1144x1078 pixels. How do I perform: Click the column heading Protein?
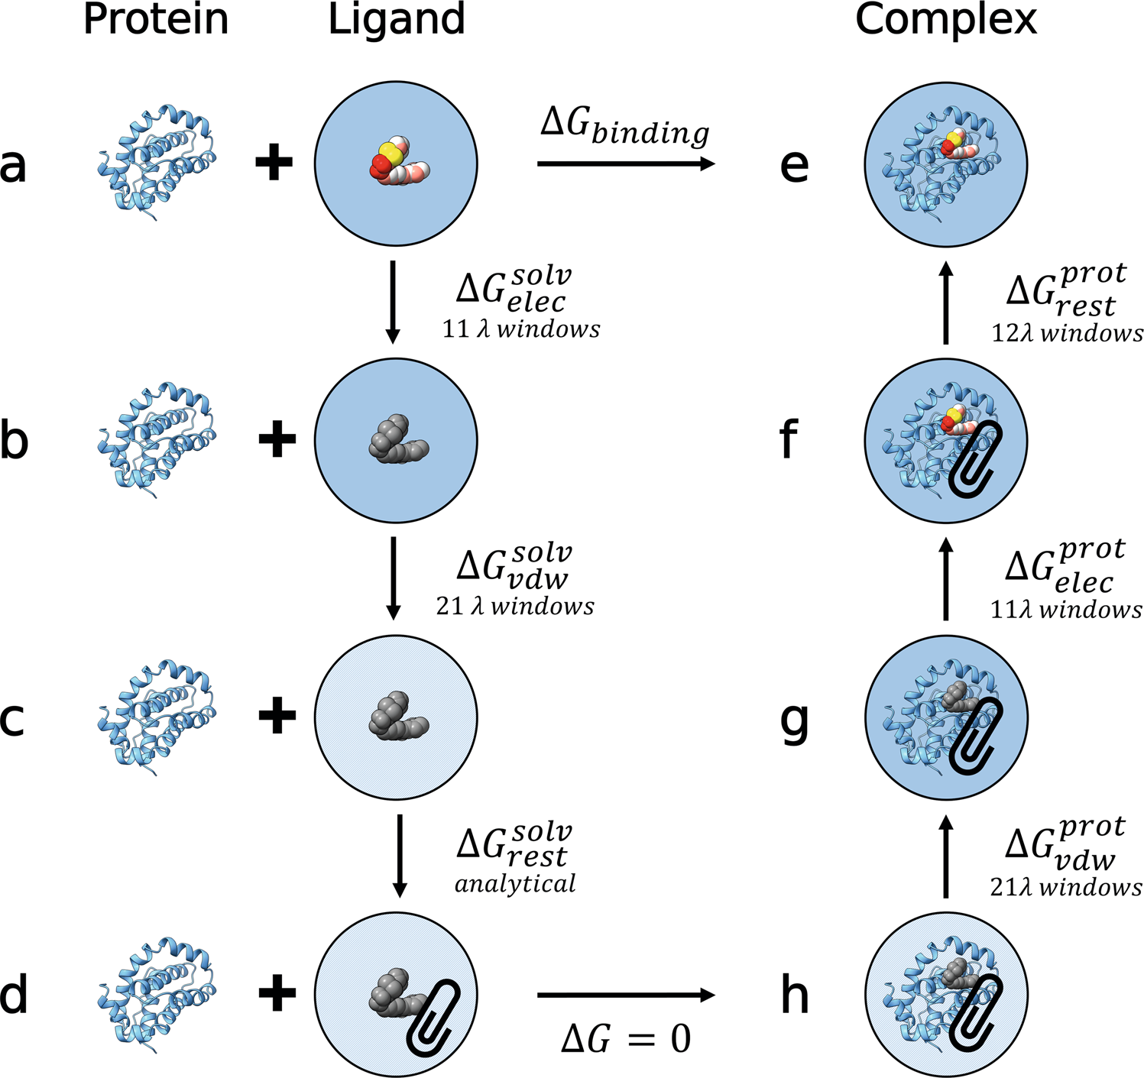click(x=156, y=19)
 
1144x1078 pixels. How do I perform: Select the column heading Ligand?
click(x=396, y=21)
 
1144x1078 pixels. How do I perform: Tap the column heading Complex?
click(x=945, y=19)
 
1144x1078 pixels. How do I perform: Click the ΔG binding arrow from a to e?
click(x=626, y=163)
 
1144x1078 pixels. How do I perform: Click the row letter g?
click(x=795, y=722)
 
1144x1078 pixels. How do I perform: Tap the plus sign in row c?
click(x=277, y=717)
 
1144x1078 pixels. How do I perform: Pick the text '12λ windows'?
click(x=1067, y=333)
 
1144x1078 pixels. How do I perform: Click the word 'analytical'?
click(x=515, y=884)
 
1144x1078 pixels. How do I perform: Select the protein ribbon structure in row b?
click(x=157, y=442)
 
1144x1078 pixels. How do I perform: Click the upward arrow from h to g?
click(x=945, y=856)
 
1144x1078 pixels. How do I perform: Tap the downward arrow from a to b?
click(x=392, y=302)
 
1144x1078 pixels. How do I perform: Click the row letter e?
click(x=794, y=165)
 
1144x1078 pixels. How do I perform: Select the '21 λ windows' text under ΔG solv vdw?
click(x=515, y=607)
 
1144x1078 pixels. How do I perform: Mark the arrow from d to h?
click(x=626, y=995)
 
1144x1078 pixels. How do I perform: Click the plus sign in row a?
click(x=274, y=163)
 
